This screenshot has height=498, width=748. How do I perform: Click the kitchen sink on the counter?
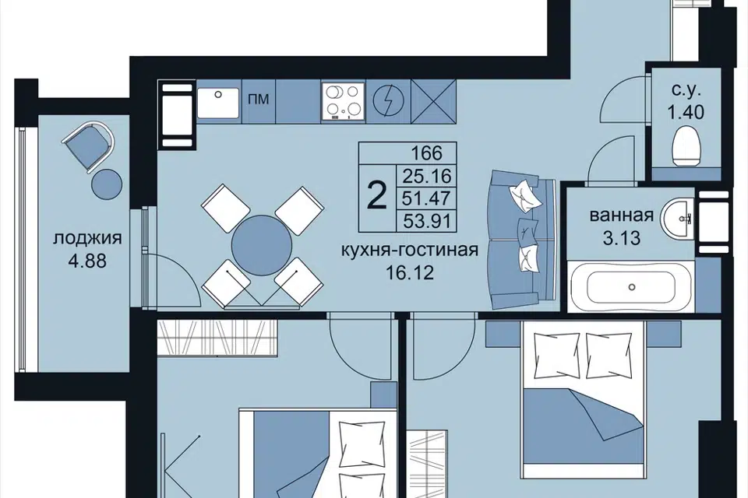(217, 103)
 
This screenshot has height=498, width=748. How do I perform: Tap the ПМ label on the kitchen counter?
(259, 99)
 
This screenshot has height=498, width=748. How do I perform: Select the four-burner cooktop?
(343, 101)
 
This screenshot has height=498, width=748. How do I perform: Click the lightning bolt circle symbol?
(388, 101)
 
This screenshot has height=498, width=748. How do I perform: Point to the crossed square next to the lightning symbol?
(434, 101)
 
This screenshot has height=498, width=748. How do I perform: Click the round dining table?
(262, 245)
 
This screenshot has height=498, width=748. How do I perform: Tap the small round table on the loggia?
(106, 184)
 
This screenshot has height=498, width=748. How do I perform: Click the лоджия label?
(87, 237)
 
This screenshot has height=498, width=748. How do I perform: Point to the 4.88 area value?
(86, 261)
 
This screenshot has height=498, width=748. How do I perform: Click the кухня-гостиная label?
(410, 249)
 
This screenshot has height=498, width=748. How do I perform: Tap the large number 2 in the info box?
(377, 196)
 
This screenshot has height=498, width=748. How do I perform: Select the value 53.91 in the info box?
(427, 221)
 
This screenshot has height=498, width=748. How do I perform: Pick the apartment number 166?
(426, 153)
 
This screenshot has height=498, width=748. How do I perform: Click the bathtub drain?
(632, 287)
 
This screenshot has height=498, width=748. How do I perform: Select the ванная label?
(622, 216)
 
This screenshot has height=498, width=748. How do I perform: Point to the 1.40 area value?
(686, 113)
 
